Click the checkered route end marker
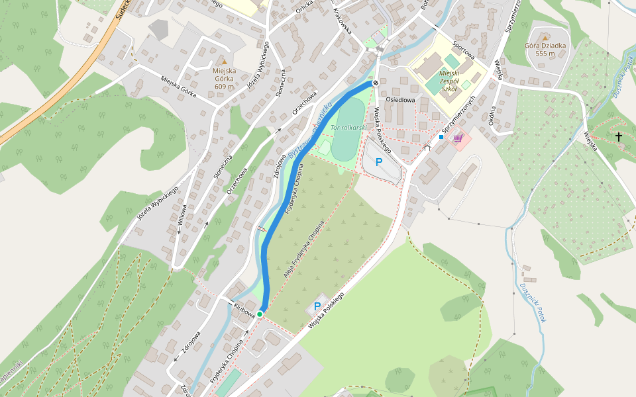point(376,83)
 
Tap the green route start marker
point(260,314)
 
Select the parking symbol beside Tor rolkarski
point(379,161)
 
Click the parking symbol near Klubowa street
point(317,306)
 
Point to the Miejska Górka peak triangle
point(225,62)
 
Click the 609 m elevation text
point(225,86)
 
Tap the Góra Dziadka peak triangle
point(544,37)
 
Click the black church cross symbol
point(619,137)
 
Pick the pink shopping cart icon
point(457,138)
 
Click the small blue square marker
point(441,137)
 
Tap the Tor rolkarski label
point(348,127)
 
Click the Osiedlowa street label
point(400,100)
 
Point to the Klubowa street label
point(244,311)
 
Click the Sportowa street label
point(464,51)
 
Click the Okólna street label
point(492,115)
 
